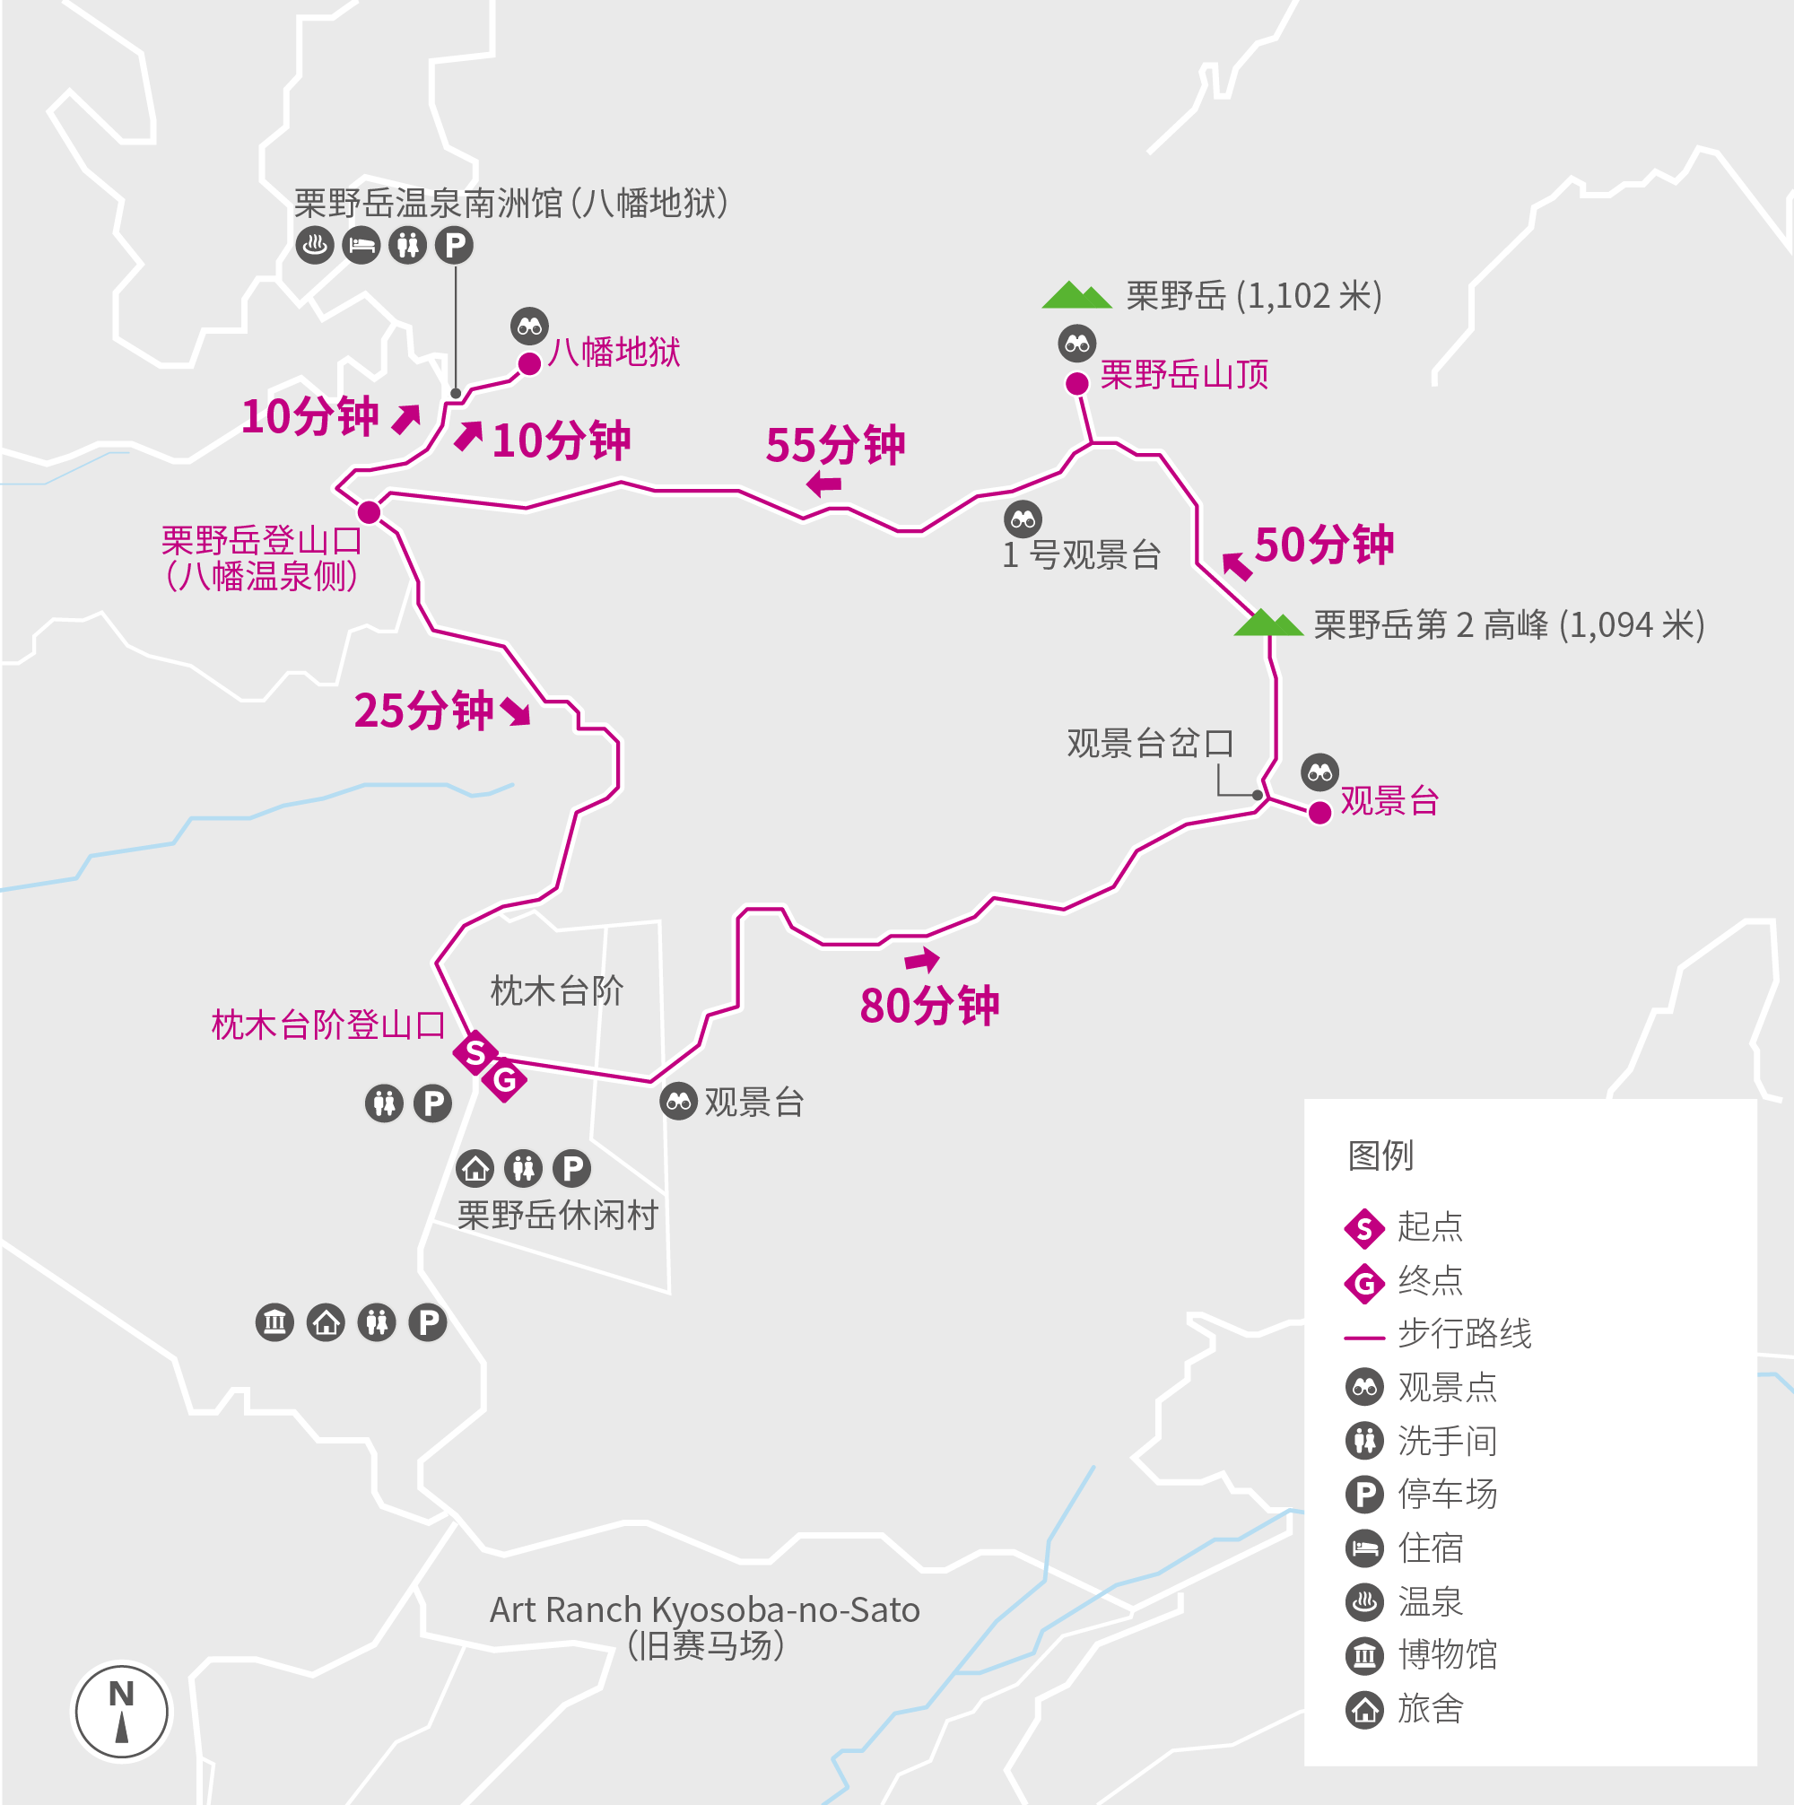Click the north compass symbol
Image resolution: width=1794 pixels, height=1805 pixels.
coord(121,1712)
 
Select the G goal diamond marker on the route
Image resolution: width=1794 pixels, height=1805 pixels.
coord(504,1081)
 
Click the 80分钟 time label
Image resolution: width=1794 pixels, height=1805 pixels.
coord(929,1007)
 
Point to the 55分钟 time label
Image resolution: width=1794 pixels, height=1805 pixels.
coord(835,445)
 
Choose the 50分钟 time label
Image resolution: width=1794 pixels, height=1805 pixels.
coord(1324,545)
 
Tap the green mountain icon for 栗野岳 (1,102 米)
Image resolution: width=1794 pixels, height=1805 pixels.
coord(1076,295)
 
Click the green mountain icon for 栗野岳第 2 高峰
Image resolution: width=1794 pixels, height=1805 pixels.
coord(1268,623)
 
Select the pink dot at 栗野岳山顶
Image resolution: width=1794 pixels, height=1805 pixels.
coord(1077,383)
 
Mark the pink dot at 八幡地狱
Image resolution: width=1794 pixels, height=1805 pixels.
coord(530,363)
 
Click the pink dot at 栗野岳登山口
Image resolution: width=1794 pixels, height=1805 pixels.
coord(369,512)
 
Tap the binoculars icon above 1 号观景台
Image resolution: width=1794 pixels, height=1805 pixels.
coord(1023,519)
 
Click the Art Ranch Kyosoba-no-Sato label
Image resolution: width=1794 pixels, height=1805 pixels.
coord(704,1609)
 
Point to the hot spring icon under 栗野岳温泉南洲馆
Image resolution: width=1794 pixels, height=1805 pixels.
coord(315,246)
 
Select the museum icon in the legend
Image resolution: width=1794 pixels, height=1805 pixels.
coord(1364,1655)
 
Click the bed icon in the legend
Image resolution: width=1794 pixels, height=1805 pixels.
coord(1364,1549)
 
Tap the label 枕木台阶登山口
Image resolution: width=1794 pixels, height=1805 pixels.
coord(329,1025)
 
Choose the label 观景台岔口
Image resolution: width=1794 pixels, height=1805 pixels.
coord(1150,744)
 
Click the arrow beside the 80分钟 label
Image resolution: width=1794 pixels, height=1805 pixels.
coord(921,960)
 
